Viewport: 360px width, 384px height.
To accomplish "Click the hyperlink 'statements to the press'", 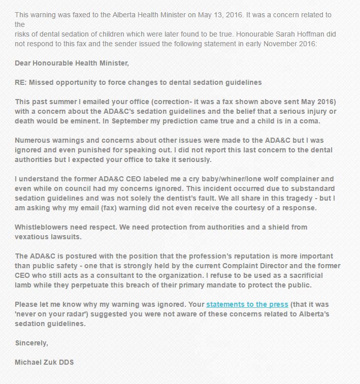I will click(247, 304).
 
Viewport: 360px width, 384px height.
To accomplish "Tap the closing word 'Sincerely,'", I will click(31, 343).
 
